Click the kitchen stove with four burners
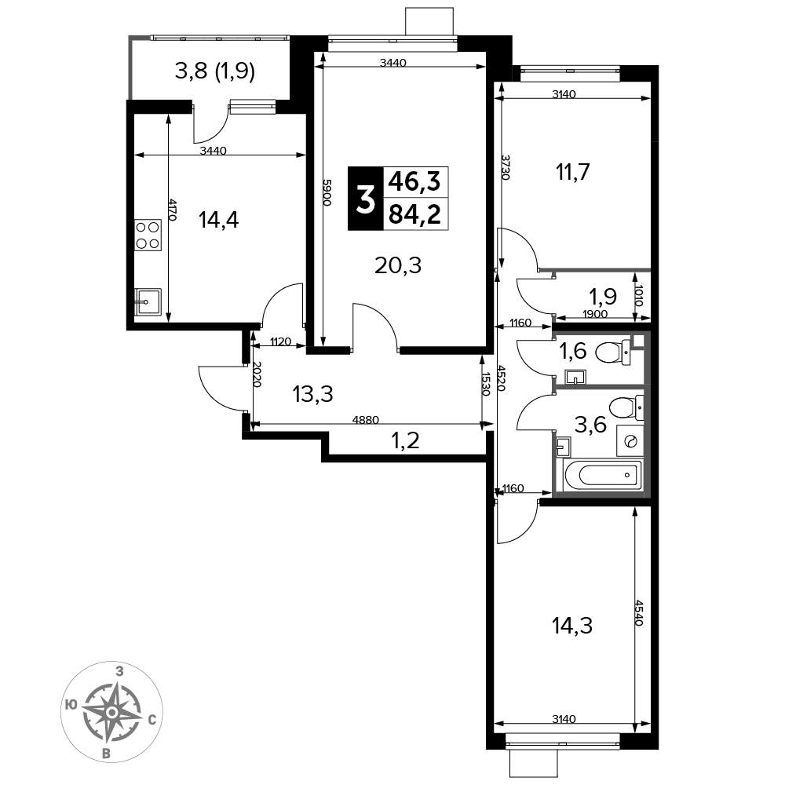[x=148, y=235]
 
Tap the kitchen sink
[x=148, y=302]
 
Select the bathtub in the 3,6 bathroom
[x=603, y=474]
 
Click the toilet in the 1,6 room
[x=614, y=352]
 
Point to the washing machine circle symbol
[x=630, y=441]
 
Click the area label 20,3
[x=398, y=265]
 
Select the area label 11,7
[x=573, y=172]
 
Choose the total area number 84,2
[x=415, y=214]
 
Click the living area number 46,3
[x=415, y=181]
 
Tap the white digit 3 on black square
[x=366, y=199]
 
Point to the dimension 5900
[x=327, y=193]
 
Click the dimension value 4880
[x=366, y=419]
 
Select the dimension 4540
[x=638, y=613]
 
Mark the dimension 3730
[x=506, y=167]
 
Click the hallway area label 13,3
[x=313, y=395]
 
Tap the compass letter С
[x=152, y=721]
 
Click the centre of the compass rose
[x=112, y=713]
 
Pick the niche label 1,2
[x=405, y=441]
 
